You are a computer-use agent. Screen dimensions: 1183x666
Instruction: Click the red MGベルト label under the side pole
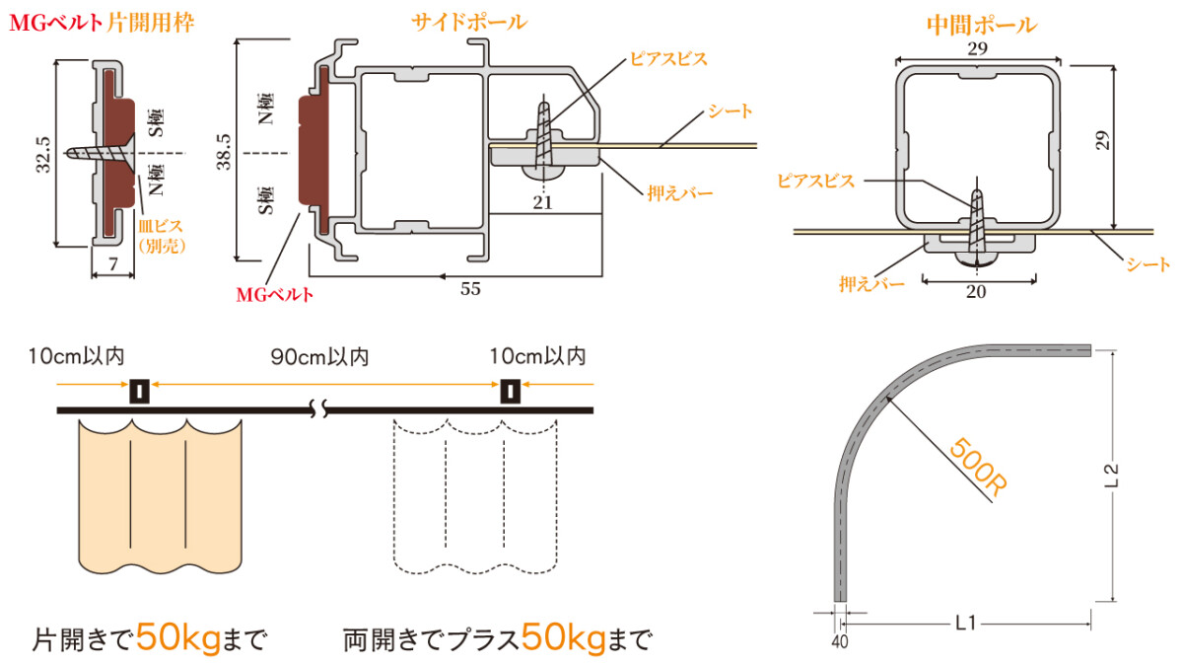(274, 294)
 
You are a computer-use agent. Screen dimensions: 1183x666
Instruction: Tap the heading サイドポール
(469, 22)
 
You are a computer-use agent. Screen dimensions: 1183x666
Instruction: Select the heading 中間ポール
(982, 25)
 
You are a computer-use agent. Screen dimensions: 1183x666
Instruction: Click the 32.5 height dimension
(43, 154)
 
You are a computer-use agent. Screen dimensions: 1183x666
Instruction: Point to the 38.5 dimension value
(224, 152)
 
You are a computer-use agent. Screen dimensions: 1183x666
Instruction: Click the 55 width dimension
(470, 289)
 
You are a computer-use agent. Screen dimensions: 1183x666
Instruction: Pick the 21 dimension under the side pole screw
(542, 202)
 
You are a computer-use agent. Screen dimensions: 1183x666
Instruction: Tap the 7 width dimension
(113, 263)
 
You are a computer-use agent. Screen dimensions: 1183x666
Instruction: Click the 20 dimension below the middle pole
(976, 291)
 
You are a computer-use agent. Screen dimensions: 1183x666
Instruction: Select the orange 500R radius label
(978, 468)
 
